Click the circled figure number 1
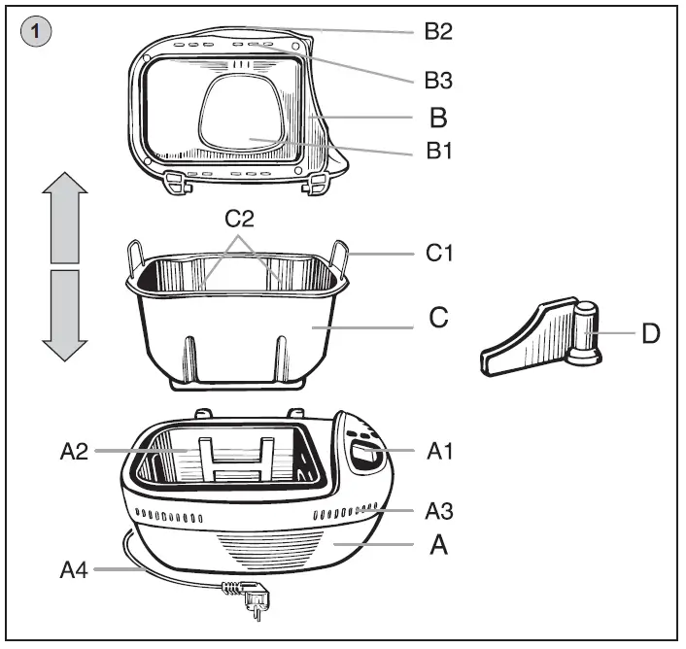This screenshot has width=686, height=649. click(x=36, y=31)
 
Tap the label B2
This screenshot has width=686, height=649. click(x=438, y=31)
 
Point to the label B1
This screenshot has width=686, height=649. click(x=438, y=151)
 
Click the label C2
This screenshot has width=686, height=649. click(x=241, y=218)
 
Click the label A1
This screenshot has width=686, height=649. click(x=440, y=451)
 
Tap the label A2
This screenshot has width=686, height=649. click(x=74, y=451)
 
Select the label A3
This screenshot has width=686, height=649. click(x=440, y=509)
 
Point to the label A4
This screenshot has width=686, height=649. click(x=75, y=570)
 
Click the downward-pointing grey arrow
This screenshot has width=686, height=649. click(x=64, y=314)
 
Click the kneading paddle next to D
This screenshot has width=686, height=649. click(x=544, y=340)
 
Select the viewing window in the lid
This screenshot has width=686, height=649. click(x=244, y=121)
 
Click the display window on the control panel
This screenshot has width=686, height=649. click(x=365, y=454)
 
